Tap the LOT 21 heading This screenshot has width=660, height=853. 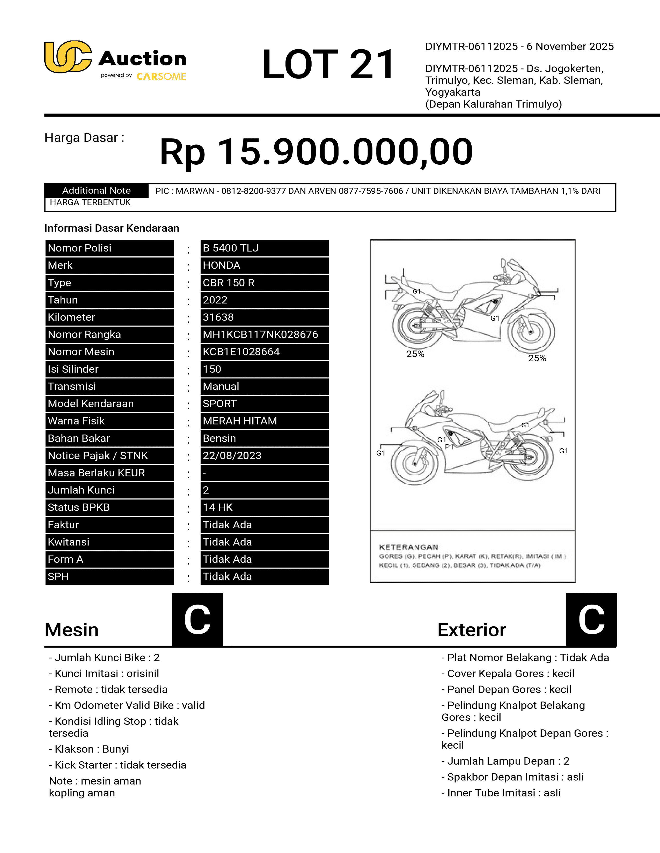click(x=328, y=64)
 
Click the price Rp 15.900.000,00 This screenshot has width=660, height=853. click(x=316, y=151)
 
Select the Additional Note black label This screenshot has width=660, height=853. click(x=97, y=191)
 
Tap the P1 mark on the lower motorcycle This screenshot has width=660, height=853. click(x=449, y=447)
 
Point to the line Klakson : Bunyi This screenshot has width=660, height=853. click(x=89, y=749)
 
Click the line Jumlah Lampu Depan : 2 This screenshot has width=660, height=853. click(x=505, y=761)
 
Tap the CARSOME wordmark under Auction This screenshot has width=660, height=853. click(x=161, y=77)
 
